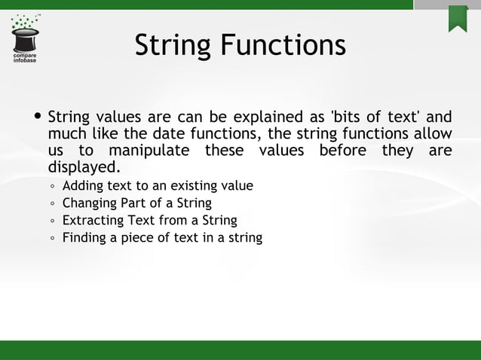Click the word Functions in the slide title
[283, 46]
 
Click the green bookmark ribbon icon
[458, 19]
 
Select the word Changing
[89, 203]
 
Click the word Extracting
[92, 221]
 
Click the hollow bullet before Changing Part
[52, 204]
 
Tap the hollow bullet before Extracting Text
[52, 221]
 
